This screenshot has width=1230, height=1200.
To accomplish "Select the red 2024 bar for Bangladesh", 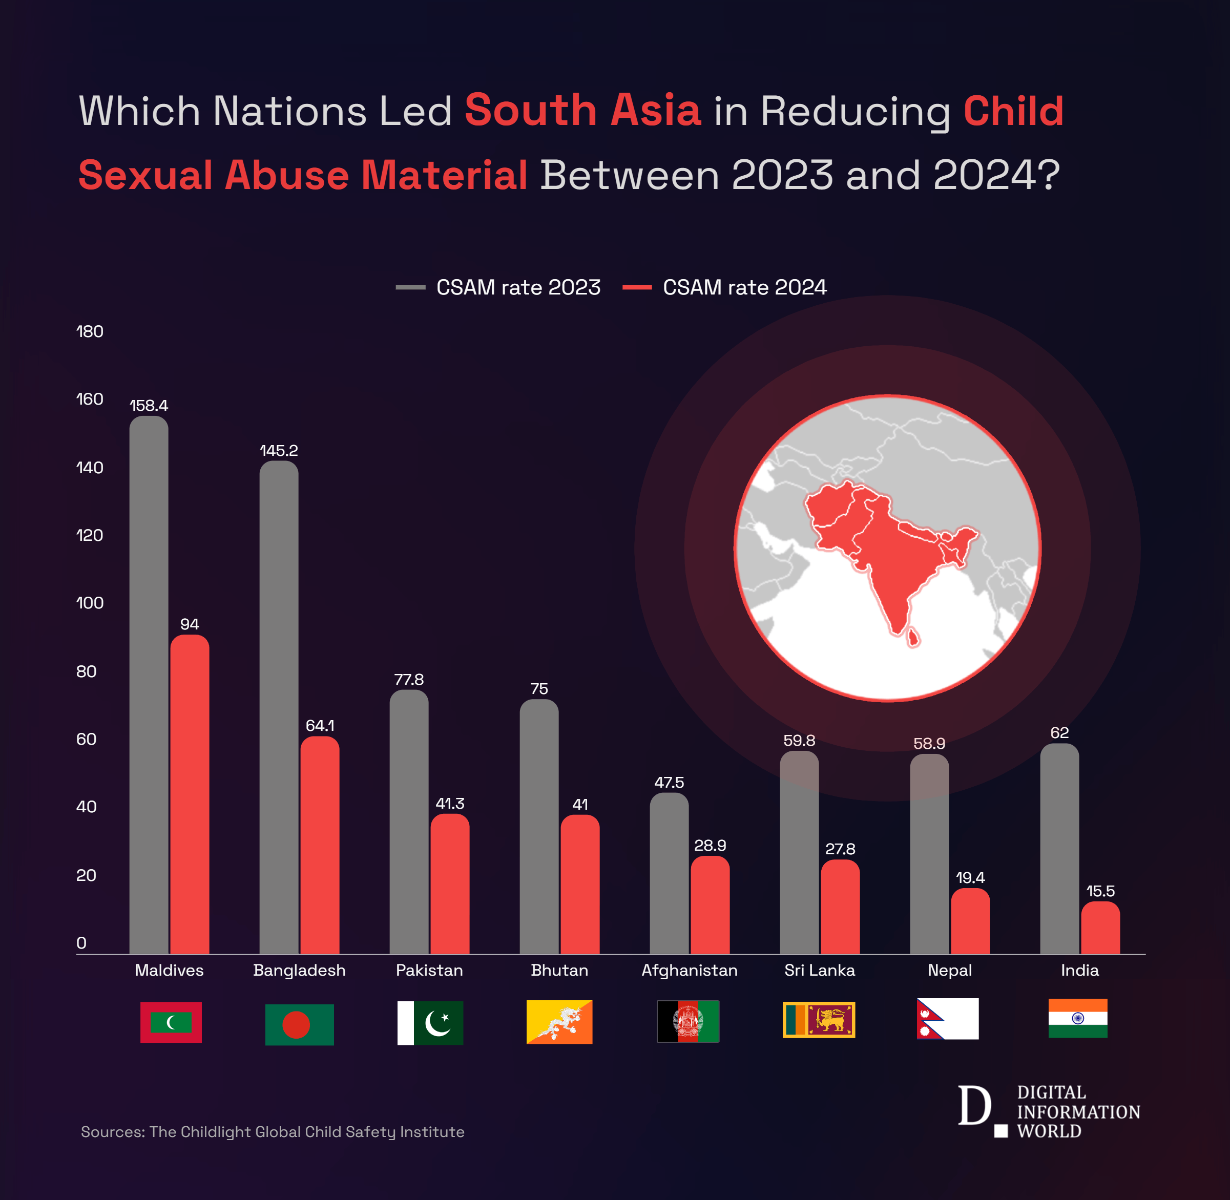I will (x=320, y=845).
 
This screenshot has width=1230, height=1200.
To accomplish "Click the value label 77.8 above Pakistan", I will (x=408, y=680).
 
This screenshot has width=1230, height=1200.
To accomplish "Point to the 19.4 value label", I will (x=970, y=877).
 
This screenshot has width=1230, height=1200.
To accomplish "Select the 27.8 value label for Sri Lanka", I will (x=840, y=849).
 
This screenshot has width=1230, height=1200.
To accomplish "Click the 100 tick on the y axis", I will (x=90, y=603).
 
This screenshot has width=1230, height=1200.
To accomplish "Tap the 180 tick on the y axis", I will (x=90, y=331).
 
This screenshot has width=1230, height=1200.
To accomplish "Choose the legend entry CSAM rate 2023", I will (x=498, y=287).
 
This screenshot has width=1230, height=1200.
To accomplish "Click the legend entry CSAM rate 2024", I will (x=725, y=287).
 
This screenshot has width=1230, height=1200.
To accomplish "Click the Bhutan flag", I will (x=559, y=1022).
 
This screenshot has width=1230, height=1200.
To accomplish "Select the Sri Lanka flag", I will (x=818, y=1019).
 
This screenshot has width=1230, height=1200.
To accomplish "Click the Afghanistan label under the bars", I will (x=689, y=970).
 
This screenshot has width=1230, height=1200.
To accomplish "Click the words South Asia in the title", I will (x=582, y=110).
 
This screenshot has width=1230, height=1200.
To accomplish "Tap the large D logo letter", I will (x=973, y=1105).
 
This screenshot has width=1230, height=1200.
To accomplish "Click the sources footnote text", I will (x=273, y=1132).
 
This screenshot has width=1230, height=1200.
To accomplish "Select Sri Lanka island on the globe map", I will (x=912, y=638).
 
